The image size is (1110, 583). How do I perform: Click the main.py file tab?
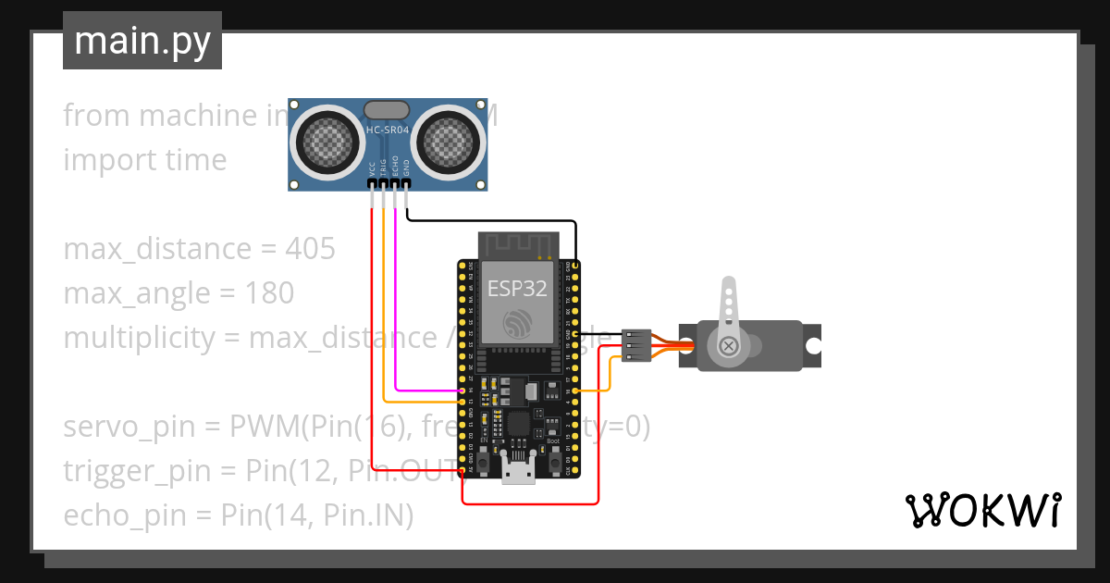pos(142,41)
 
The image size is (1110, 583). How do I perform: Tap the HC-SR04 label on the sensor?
pos(388,130)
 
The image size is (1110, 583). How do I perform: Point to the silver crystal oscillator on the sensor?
pos(387,110)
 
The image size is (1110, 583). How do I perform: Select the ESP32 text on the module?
pos(517,289)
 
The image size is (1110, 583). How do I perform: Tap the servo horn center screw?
pos(730,346)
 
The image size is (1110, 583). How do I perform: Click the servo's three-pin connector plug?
pos(635,346)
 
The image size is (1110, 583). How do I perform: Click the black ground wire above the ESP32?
pos(490,221)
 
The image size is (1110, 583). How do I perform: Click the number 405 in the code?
pos(310,249)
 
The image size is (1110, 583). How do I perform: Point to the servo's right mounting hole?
pos(812,346)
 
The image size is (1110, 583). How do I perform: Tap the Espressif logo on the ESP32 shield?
pos(517,323)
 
